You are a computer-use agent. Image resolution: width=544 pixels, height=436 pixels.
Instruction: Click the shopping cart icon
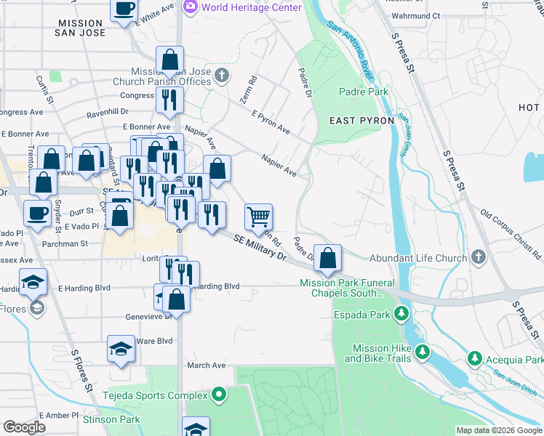click(x=258, y=217)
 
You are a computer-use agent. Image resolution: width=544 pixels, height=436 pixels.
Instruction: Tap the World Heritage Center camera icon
click(x=191, y=7)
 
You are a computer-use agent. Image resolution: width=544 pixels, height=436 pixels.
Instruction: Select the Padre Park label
click(x=364, y=92)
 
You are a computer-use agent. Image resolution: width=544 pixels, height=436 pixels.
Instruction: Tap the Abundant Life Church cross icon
click(x=478, y=257)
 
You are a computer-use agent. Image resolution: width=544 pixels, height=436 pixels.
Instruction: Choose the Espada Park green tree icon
click(x=400, y=314)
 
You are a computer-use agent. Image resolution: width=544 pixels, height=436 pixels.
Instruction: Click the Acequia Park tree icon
click(x=474, y=359)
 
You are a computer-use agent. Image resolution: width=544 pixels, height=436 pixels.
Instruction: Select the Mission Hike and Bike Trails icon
click(x=422, y=353)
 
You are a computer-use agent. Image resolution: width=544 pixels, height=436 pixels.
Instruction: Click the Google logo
click(x=24, y=427)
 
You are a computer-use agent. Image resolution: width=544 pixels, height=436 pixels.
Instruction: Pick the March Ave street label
click(x=207, y=366)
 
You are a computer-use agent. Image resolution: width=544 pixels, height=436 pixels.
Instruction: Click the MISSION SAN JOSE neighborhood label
click(x=81, y=28)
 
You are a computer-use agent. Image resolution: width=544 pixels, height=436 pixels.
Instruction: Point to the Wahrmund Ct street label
click(x=416, y=15)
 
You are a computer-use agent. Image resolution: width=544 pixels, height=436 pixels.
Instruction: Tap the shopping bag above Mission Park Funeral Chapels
click(x=329, y=257)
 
